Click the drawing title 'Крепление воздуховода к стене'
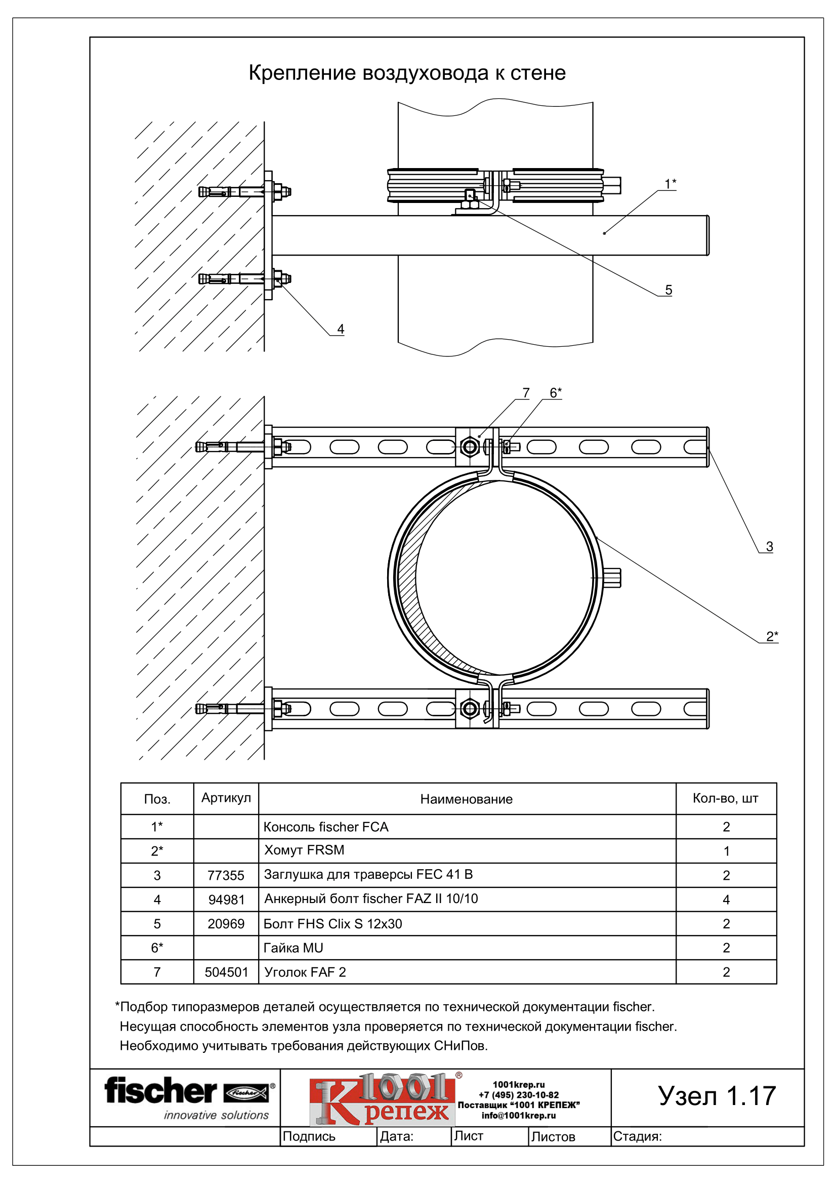pos(407,73)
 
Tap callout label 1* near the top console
pos(670,184)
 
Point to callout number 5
pos(668,290)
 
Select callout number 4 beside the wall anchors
pos(341,329)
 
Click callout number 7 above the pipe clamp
pos(526,393)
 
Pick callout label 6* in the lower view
pos(556,393)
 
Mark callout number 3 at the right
pos(770,547)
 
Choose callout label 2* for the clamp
pos(772,636)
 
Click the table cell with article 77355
pos(226,875)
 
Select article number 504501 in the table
pos(226,972)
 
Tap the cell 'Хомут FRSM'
pos(304,850)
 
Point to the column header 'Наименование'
pos(467,799)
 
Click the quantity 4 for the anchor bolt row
pos(726,900)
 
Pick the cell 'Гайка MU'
pos(294,948)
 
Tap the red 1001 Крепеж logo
pos(382,1099)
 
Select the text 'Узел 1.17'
pos(717,1096)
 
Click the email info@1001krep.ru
pos(519,1116)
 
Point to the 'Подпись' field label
pos(309,1136)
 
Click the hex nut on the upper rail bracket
pos(470,446)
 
